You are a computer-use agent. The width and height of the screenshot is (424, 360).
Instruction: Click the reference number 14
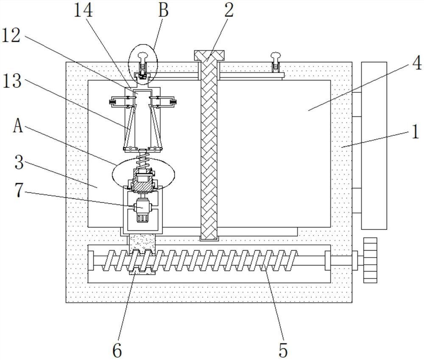coord(83,11)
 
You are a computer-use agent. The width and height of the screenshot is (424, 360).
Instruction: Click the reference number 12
coord(11,36)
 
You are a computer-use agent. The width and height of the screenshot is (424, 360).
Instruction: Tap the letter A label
coord(18,126)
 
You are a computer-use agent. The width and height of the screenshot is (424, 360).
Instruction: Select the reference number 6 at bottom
coord(117,351)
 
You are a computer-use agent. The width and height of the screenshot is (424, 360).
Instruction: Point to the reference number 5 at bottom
coord(283,351)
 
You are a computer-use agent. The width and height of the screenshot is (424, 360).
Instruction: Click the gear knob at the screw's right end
coord(370,260)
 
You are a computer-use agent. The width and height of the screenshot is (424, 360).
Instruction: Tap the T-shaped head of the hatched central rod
coord(209,55)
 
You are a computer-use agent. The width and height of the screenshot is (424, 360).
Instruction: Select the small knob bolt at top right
coord(275,63)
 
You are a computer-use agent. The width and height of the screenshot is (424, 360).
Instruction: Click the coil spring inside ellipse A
coord(143,161)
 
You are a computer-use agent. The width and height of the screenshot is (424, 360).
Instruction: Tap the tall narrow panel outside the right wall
coord(374,146)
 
